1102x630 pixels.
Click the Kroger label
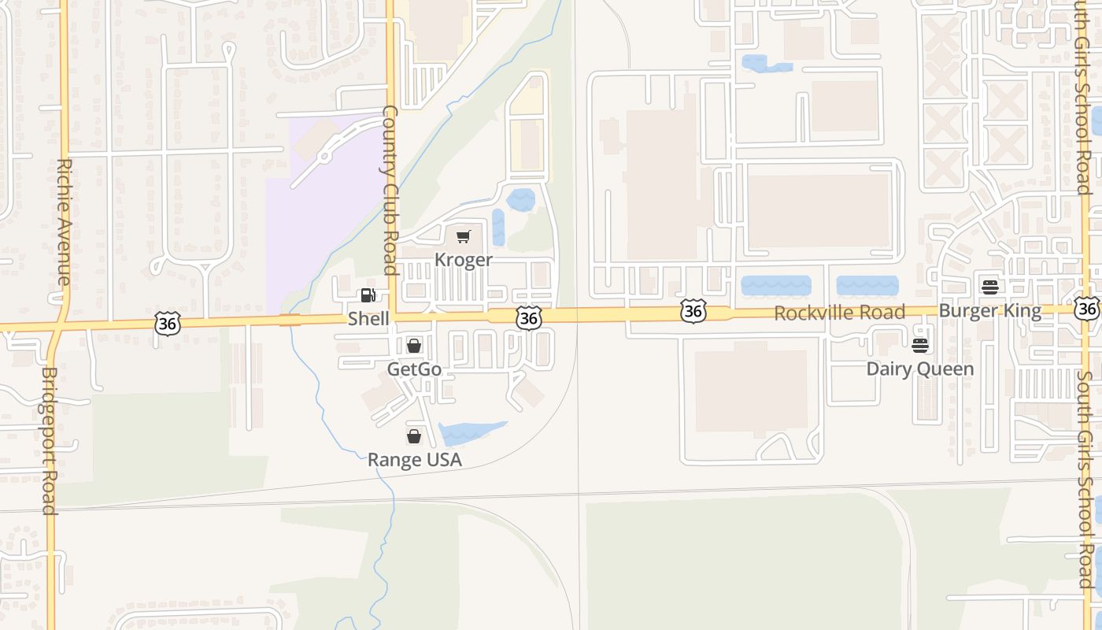[464, 260]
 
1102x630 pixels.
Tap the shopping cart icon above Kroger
[464, 236]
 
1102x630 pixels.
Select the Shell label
[368, 319]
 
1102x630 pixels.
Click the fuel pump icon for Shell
[368, 295]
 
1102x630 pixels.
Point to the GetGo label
[414, 369]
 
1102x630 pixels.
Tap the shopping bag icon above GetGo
[414, 346]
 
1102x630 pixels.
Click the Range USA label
[415, 460]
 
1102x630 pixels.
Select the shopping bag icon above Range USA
[414, 436]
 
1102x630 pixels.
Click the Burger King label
[989, 311]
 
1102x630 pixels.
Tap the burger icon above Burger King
[990, 287]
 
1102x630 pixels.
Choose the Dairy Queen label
[919, 369]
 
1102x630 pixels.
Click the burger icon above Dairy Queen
[919, 345]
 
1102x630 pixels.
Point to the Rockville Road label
[839, 313]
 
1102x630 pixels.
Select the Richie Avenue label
[65, 222]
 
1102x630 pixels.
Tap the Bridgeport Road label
[50, 441]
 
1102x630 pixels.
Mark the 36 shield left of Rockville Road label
[693, 312]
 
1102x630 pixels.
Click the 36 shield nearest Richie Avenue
[168, 323]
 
